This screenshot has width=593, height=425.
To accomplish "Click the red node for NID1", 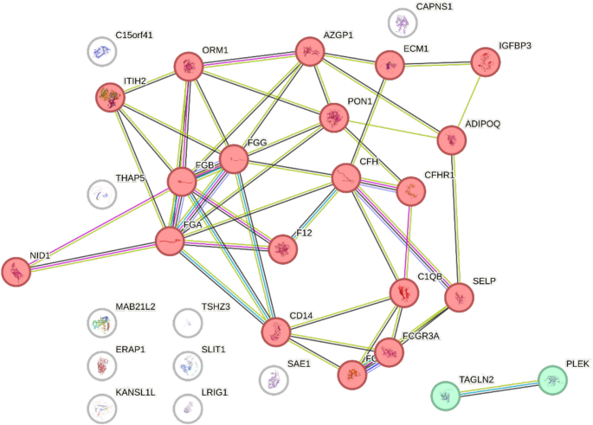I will pos(16,271).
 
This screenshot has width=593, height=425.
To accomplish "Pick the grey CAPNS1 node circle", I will pos(402,23).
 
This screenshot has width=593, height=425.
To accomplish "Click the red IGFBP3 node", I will pos(486,61).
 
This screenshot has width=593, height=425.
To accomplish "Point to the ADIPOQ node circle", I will pos(451,139).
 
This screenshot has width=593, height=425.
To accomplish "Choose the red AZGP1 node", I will pos(309,52).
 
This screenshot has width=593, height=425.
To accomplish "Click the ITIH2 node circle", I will pos(110,98).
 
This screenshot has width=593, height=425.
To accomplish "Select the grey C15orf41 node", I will pos(101,52).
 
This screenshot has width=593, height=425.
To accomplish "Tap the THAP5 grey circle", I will pos(101,194).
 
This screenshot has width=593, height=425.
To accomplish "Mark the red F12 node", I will pos(281,249).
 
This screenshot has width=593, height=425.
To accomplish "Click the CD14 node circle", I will pos(276,332).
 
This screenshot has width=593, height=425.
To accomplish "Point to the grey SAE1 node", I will pos(274,378).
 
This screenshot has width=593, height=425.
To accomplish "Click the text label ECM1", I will pos(416,49).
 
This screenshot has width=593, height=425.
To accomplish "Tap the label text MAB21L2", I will pos(135,307).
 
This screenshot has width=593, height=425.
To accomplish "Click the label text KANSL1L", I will pos(135,393).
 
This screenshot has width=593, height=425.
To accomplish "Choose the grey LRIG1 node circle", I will pos(187,407).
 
